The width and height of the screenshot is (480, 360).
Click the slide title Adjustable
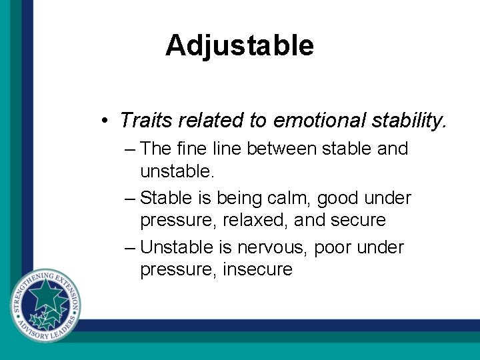(x=239, y=45)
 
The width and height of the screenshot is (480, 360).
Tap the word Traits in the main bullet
(x=142, y=120)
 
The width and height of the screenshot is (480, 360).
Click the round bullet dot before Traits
(x=105, y=121)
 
